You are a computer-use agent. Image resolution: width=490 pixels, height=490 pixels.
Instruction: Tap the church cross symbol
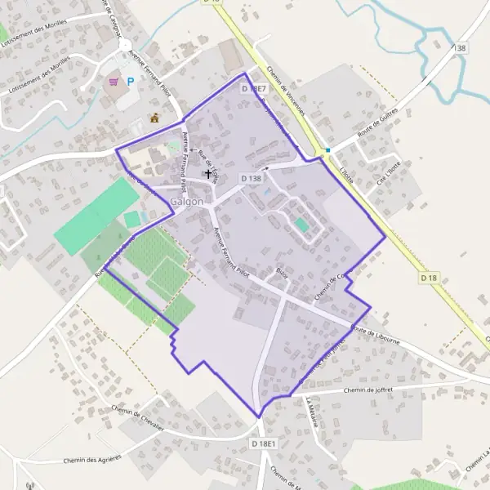tap(207, 173)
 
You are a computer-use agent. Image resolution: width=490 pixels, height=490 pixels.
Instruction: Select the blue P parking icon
tap(130, 82)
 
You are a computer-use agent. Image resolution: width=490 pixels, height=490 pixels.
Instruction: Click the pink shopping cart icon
tap(114, 82)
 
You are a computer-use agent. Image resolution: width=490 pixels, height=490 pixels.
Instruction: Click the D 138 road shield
tap(252, 177)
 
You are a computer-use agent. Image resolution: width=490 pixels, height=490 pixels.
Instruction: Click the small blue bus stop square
tap(327, 150)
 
